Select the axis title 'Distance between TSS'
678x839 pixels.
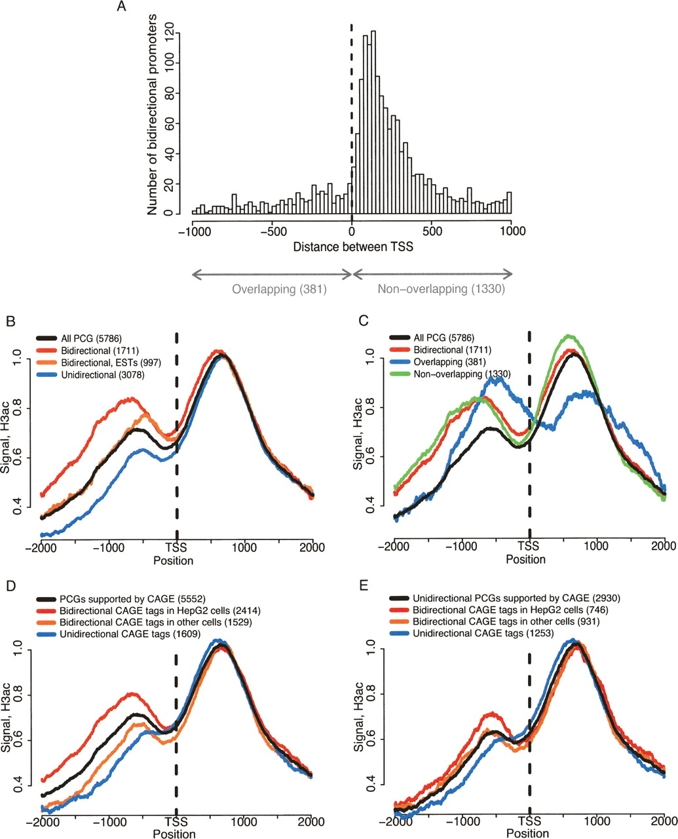click(x=352, y=247)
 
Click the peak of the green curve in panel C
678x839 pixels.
click(x=569, y=337)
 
